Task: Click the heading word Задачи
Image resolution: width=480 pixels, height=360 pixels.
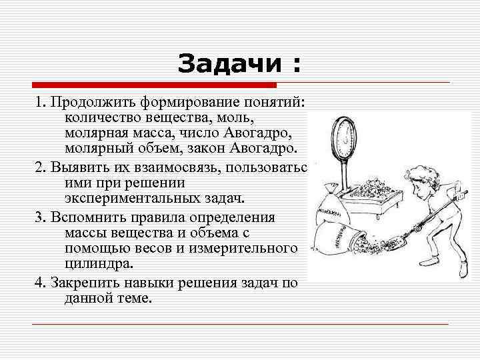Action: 226,65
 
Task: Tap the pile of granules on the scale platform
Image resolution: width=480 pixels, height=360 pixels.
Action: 371,194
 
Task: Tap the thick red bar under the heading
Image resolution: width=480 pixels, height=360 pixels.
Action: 153,85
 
